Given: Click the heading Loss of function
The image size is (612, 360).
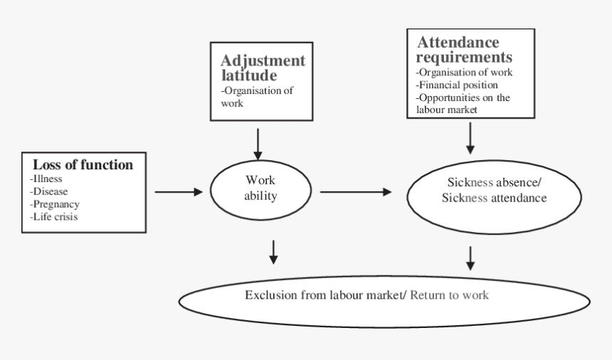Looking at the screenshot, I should tap(83, 165).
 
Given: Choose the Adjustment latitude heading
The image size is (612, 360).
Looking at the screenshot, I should tap(263, 67).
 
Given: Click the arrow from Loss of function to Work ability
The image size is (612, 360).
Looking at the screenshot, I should tap(179, 191).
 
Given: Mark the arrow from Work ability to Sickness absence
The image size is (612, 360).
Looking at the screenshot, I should tap(356, 191).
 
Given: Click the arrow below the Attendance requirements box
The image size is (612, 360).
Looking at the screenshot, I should tap(470, 137).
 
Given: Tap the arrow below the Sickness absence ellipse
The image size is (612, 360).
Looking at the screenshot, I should tap(470, 258).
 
